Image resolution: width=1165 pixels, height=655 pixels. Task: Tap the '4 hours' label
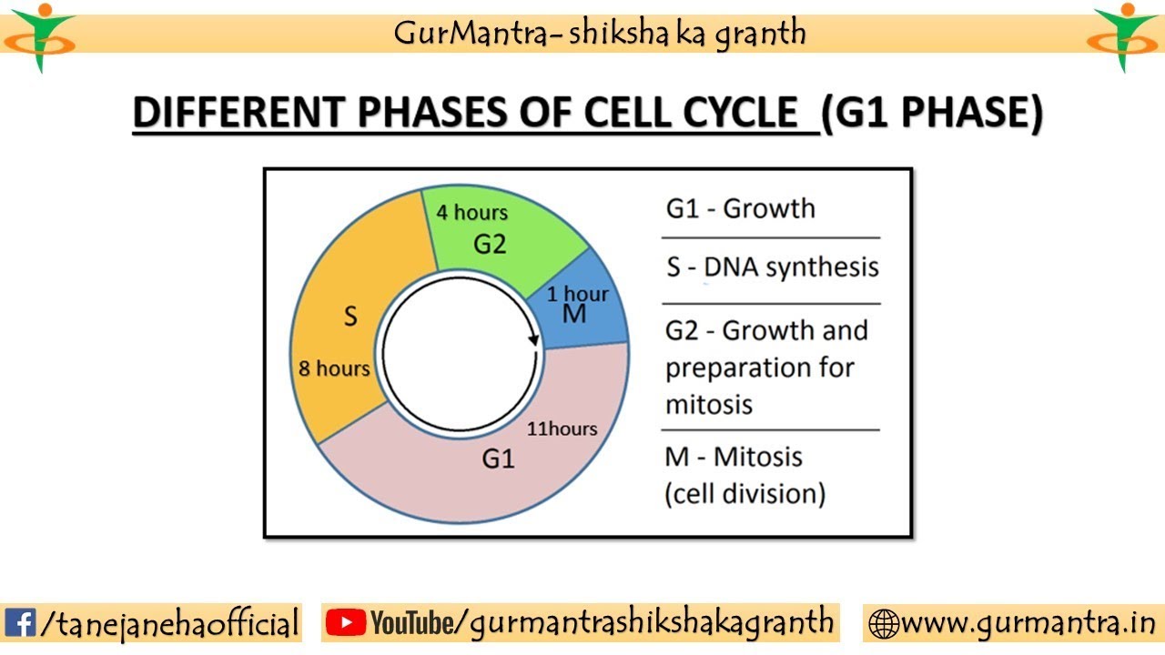[471, 213]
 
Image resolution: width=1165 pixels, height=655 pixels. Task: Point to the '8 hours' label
[334, 368]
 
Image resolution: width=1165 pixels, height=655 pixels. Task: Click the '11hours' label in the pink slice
[562, 428]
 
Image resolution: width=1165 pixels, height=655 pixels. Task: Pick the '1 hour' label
[578, 294]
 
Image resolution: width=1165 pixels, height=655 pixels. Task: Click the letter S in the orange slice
[350, 317]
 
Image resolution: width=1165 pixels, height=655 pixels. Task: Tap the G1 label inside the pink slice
[498, 459]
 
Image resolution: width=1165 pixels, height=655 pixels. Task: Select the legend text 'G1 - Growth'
[741, 208]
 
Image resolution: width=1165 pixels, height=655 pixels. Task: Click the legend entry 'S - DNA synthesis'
[773, 267]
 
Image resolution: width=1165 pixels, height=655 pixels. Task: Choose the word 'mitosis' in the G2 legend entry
[709, 404]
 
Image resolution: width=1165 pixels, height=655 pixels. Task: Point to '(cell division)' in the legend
[745, 494]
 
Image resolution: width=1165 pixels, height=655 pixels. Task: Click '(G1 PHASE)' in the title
[931, 115]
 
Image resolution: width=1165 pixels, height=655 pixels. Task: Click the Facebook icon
[19, 623]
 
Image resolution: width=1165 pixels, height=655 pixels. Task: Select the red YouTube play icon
[344, 623]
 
